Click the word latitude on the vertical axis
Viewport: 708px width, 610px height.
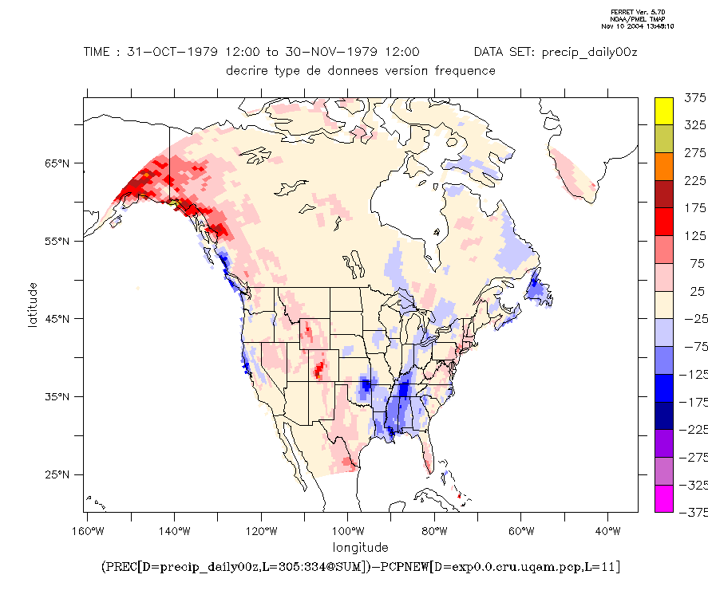tap(34, 304)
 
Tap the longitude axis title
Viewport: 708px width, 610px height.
tap(361, 547)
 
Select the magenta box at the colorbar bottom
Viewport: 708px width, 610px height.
tap(664, 498)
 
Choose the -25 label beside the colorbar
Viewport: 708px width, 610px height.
tap(694, 319)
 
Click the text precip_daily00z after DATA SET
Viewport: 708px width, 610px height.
tap(589, 52)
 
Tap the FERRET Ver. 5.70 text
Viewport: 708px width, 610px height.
tap(632, 12)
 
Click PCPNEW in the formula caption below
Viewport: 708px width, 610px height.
tap(409, 567)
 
